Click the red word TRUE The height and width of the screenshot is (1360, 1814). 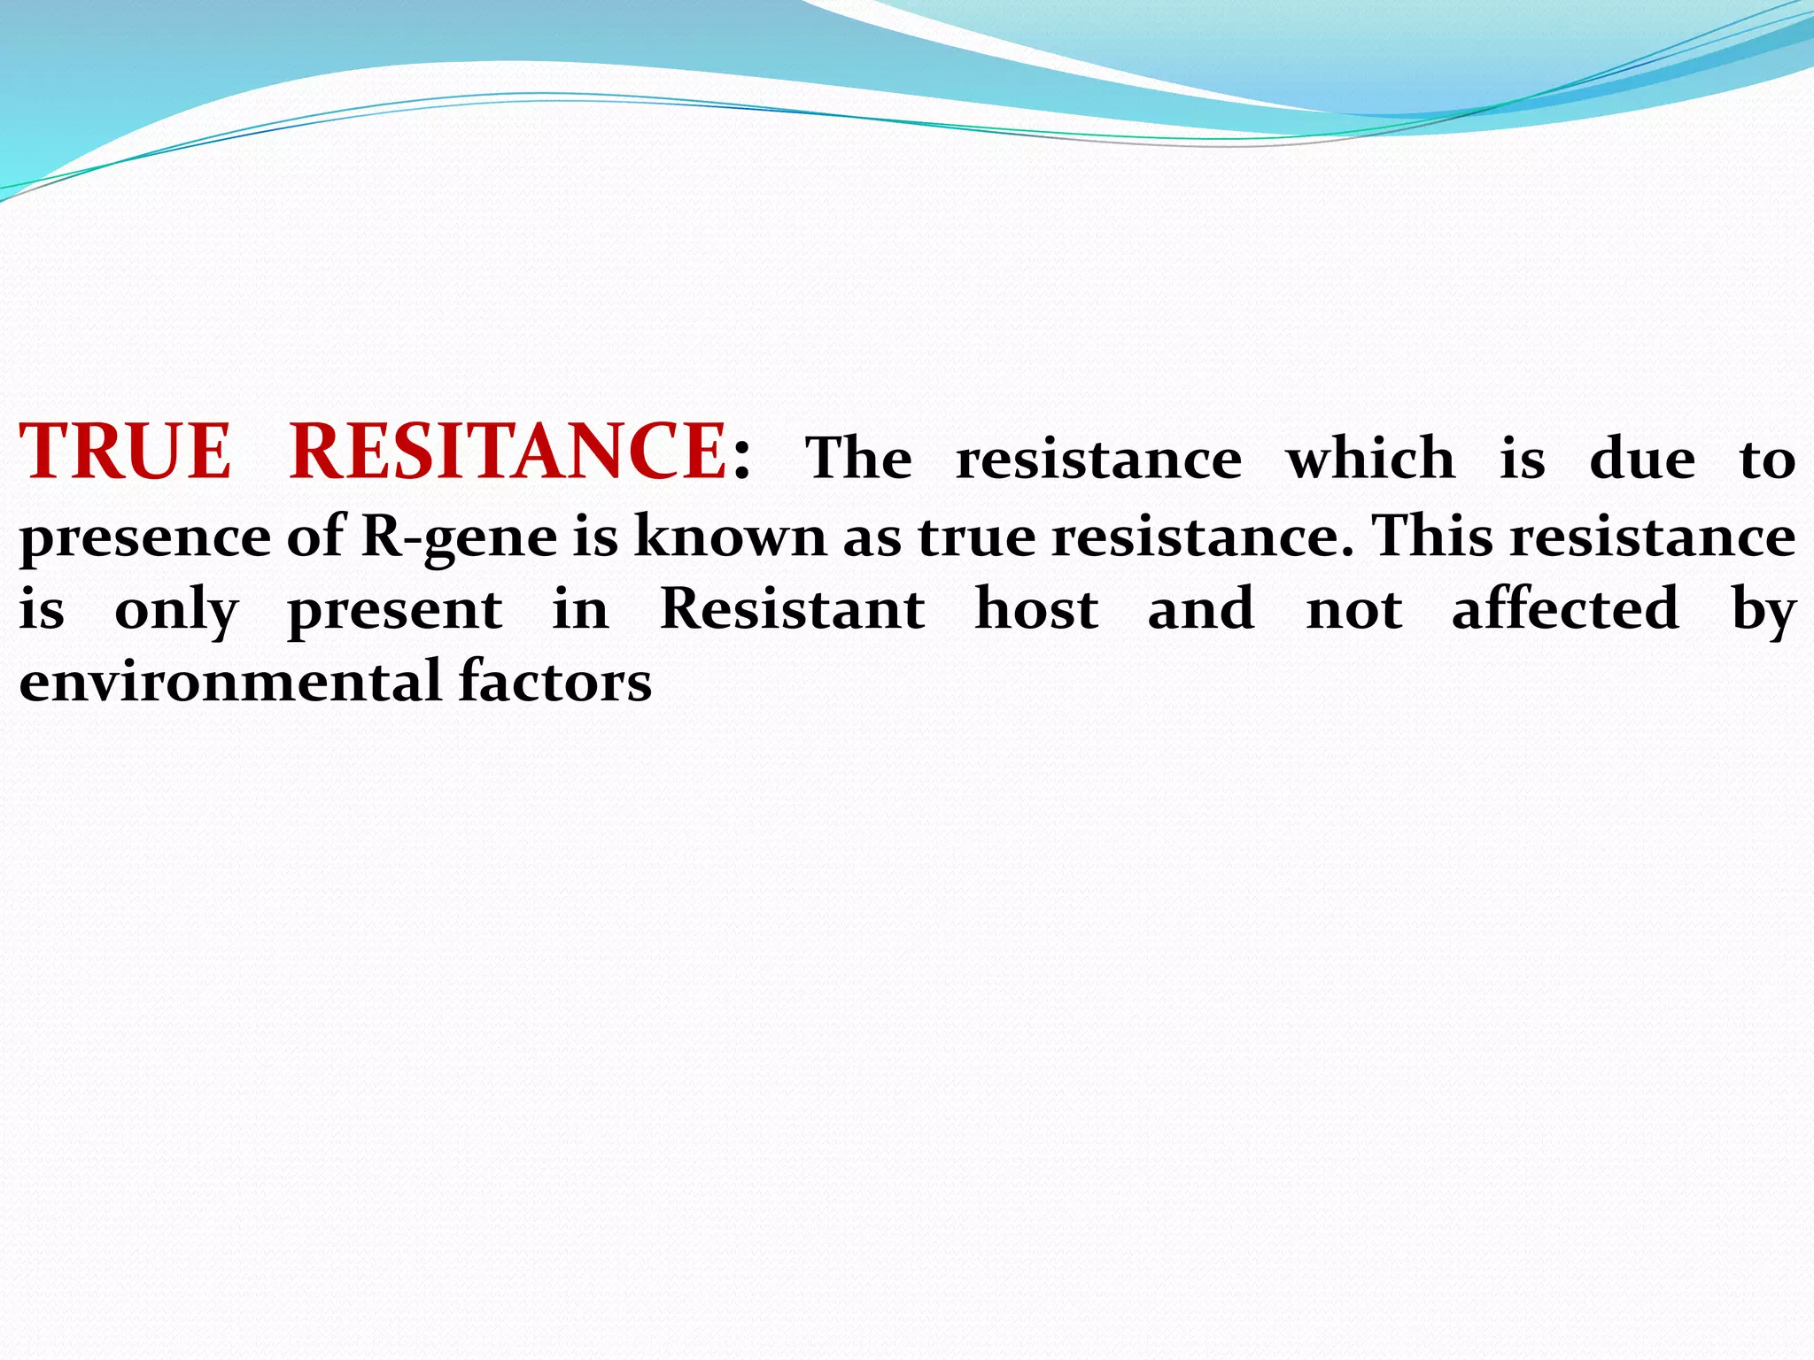[125, 452]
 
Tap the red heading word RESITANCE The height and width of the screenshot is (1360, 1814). [508, 452]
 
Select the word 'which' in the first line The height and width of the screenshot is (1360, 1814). [1370, 459]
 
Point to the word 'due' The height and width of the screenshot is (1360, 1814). [1642, 459]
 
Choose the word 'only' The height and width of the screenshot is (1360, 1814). [176, 611]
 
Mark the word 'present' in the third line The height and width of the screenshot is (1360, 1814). [395, 611]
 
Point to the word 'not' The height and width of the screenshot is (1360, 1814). [1354, 611]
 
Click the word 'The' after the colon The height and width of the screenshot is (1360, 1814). [858, 459]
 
